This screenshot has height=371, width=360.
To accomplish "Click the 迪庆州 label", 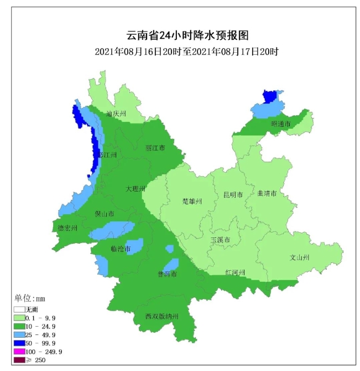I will [117, 114].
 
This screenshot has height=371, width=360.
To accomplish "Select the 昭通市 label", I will [280, 124].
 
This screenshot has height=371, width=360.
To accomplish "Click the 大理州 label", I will [135, 189].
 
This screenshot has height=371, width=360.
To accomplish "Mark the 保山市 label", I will [105, 213].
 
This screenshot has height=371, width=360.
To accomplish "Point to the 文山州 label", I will [300, 257].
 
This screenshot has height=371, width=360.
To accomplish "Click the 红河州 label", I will [235, 272].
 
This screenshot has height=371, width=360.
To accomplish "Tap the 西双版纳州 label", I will [163, 316].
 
